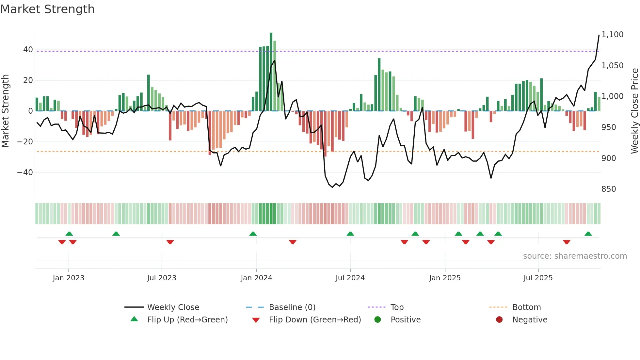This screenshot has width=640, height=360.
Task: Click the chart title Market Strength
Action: [47, 9]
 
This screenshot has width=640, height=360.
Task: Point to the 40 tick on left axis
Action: [28, 50]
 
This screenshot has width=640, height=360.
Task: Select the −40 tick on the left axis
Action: [25, 172]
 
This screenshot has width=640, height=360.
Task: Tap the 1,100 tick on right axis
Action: [612, 35]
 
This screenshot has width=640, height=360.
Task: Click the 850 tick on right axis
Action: [609, 189]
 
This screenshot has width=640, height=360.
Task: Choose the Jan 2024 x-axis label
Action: [256, 278]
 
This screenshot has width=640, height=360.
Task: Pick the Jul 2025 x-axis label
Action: [538, 278]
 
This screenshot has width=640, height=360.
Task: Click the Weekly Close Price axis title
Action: [634, 111]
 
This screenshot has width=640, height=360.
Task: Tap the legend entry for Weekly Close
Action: [173, 307]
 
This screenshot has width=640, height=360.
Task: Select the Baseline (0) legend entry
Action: [292, 307]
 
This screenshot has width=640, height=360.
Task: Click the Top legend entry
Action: [397, 307]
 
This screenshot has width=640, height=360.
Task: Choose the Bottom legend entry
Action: [526, 307]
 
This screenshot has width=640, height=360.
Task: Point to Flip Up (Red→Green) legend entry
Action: [187, 320]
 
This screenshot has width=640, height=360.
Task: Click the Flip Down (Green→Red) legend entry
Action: [315, 320]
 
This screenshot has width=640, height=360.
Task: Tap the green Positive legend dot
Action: [378, 320]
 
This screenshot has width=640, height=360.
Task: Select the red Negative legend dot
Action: [499, 320]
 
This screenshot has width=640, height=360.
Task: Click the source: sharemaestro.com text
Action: [575, 256]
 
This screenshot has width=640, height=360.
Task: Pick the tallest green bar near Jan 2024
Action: [271, 72]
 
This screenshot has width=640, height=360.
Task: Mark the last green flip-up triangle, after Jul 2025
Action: [588, 234]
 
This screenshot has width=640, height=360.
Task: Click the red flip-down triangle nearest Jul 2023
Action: [170, 242]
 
